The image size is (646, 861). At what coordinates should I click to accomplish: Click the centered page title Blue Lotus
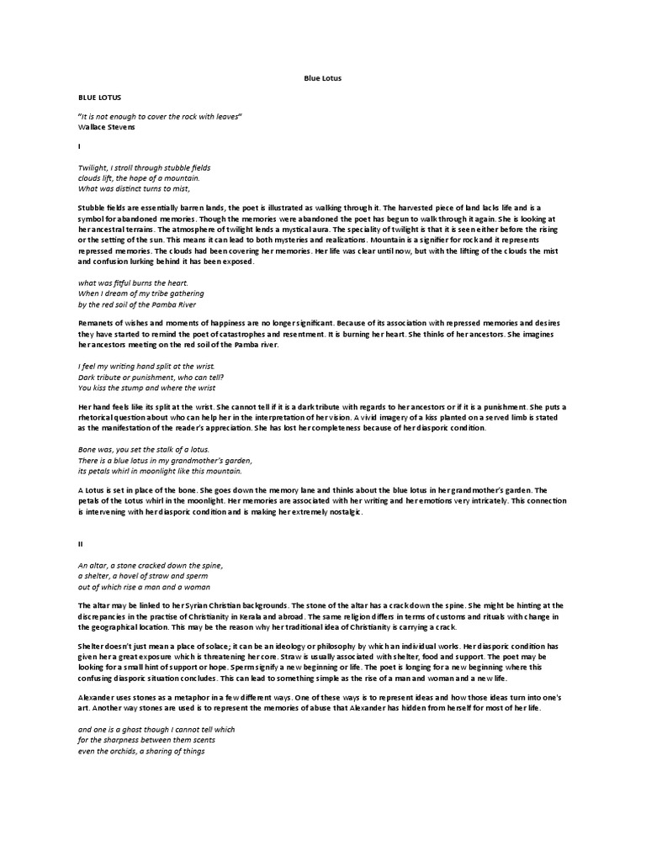(323, 78)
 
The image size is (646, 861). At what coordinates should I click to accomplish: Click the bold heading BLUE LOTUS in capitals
(93, 98)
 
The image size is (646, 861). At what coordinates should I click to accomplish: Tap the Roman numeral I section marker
(78, 145)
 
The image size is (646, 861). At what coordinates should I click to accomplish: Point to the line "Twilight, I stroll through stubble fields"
(144, 168)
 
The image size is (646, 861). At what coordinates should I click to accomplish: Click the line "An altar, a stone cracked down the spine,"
(150, 566)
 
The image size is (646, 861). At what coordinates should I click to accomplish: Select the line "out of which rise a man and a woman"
(143, 586)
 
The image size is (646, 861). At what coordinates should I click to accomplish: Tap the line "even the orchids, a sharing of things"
(141, 751)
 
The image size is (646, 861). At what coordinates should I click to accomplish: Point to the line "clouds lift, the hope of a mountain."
(139, 177)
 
